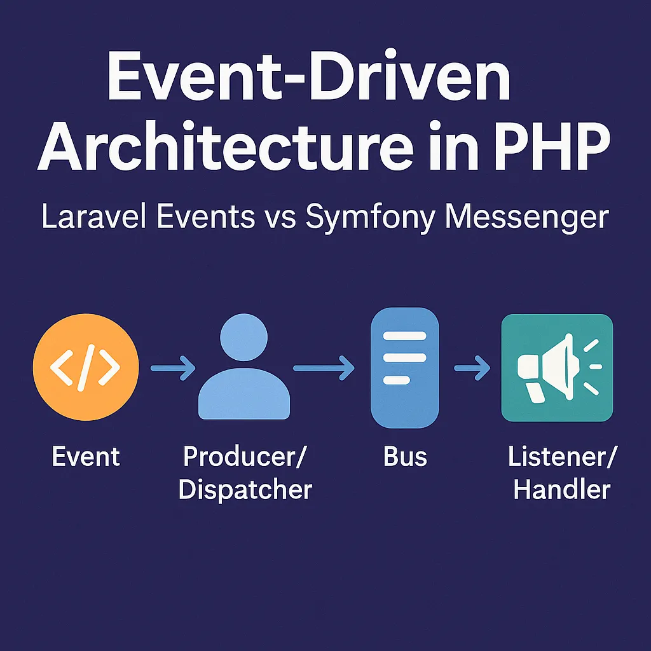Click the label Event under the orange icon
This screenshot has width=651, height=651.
coord(85,456)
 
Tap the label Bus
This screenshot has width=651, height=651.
coord(405,456)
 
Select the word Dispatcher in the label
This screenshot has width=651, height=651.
coord(245,490)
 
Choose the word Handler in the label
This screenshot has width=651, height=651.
coord(561,490)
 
